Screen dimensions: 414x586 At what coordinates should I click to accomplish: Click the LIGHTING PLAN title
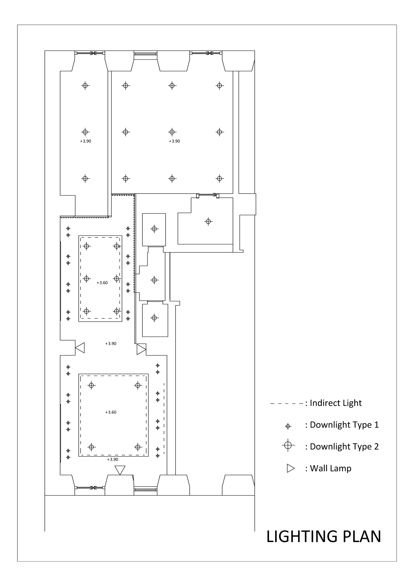pos(323,536)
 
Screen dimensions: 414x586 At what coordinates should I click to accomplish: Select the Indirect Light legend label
pos(336,403)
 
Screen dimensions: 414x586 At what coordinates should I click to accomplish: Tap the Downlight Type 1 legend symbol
pos(288,426)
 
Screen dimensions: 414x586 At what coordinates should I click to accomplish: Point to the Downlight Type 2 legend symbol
pos(288,445)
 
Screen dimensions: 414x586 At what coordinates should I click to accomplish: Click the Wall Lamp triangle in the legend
pos(291,468)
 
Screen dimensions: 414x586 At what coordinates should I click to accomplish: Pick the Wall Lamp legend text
pos(331,468)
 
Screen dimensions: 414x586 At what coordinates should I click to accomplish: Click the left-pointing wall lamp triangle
pos(80,348)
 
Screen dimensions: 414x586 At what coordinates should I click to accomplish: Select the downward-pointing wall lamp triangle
pos(120,470)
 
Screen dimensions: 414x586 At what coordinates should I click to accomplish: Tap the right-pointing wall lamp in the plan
pos(141,349)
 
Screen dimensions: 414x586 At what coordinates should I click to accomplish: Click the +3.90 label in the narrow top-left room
pos(86,141)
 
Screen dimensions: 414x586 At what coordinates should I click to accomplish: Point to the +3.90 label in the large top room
pos(174,141)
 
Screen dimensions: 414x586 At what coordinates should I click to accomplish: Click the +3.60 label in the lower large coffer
pos(111,412)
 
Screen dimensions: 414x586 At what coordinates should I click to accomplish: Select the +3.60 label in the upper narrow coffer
pos(102,283)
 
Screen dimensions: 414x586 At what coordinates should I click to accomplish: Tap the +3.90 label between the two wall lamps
pos(111,344)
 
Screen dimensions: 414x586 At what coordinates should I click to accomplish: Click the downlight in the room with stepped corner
pos(208,221)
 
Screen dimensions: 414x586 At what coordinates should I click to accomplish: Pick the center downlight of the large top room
pos(172,132)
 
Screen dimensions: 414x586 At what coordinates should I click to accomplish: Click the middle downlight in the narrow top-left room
pos(85,132)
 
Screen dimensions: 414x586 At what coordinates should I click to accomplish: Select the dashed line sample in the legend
pos(287,404)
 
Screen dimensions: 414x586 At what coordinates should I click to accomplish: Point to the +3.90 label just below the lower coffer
pos(113,460)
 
